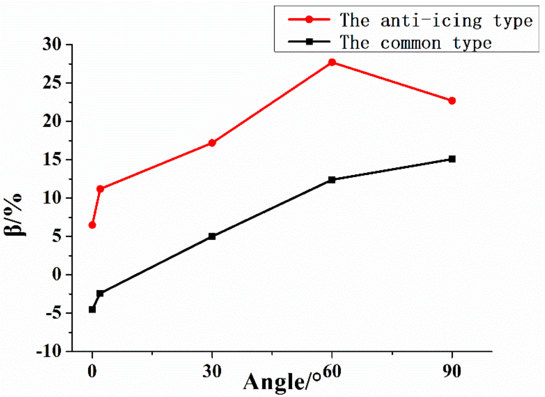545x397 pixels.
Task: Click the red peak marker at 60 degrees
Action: (332, 62)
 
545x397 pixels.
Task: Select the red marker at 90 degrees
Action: (452, 101)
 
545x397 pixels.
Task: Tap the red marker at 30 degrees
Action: (212, 143)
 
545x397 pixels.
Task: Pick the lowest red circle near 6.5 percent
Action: (92, 225)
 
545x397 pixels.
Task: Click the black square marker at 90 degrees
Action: (452, 159)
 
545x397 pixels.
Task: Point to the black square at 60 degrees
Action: (332, 180)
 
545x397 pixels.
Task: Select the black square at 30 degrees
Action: (212, 236)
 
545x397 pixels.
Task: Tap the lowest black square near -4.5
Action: (92, 309)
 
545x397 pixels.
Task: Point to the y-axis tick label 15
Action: (52, 160)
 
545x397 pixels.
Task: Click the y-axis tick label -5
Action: (54, 314)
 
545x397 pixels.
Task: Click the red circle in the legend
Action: (309, 19)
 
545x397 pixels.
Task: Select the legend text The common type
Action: (416, 42)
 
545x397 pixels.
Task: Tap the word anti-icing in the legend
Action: (431, 20)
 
